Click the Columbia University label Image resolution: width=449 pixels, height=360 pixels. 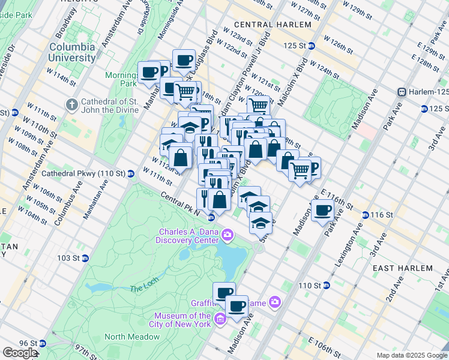pos(72,52)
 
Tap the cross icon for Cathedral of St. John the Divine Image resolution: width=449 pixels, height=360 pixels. pos(71,104)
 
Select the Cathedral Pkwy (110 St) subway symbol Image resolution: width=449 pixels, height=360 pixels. pos(130,174)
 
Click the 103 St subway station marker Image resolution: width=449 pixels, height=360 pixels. pos(85,258)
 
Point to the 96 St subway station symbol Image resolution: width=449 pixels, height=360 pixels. pos(41,344)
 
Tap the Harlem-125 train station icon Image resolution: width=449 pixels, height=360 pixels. pos(402,92)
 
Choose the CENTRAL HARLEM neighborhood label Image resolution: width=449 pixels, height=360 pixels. pos(273,25)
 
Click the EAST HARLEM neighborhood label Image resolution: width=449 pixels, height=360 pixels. pos(402,268)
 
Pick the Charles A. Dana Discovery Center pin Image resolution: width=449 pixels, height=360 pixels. pos(227,233)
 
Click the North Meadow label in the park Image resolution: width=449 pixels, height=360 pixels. pos(131,337)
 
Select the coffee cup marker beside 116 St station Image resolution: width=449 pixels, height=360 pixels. pos(322,210)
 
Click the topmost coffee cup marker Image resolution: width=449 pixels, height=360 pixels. pos(184,60)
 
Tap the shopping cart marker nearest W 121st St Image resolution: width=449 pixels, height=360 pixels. pos(258,106)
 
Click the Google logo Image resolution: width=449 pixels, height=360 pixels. pos(20,353)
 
